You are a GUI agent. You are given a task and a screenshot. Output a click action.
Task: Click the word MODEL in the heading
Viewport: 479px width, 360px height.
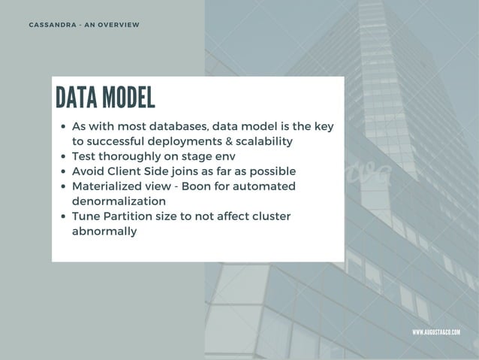tap(128, 97)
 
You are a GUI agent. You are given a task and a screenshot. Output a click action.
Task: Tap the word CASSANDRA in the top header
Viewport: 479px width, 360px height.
tap(53, 26)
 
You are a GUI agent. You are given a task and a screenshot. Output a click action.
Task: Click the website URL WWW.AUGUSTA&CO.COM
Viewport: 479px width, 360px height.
tap(436, 331)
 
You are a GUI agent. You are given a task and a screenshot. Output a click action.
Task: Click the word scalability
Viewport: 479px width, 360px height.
tap(264, 141)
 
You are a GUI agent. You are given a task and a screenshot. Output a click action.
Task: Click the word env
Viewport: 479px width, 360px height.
tap(224, 156)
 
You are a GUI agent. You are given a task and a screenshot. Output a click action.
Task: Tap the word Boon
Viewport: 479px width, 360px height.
tap(209, 186)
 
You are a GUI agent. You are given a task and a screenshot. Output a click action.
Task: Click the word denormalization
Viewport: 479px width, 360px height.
tap(119, 201)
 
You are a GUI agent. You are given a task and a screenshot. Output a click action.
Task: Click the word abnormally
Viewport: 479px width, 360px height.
tap(104, 231)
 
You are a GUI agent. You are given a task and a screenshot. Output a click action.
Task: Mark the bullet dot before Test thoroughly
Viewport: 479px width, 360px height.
tap(64, 157)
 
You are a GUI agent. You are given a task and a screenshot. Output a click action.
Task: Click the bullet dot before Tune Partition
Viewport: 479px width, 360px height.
tap(64, 217)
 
